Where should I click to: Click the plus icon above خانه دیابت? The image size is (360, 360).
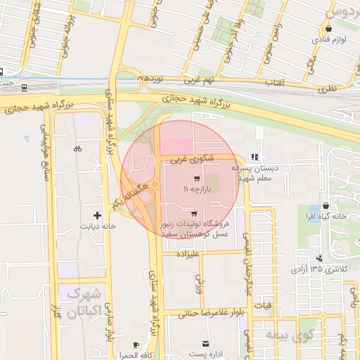pos(98,214)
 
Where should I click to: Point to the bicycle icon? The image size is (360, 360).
pos(77,148)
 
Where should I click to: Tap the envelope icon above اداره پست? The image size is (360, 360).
pos(205,343)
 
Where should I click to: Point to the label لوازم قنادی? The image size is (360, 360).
pos(327,40)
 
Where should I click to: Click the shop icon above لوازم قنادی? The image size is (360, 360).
pos(328,28)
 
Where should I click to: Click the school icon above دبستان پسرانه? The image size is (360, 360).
pos(254,157)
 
